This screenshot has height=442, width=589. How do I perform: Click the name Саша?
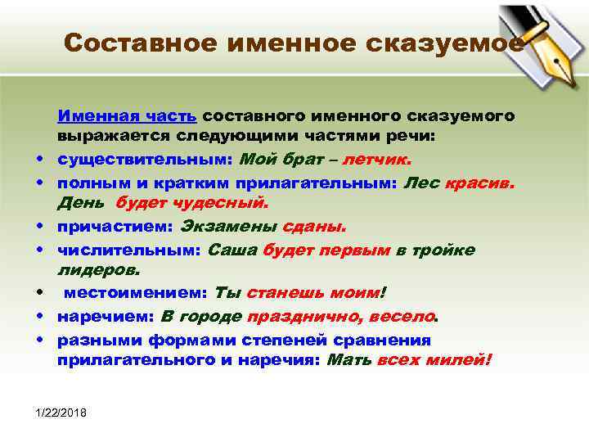pos(233,250)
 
